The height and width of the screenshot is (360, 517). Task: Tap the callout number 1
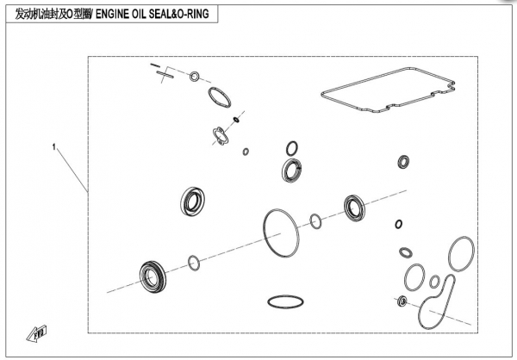pos(54,148)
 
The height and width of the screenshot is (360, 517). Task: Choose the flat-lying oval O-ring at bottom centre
pos(283,302)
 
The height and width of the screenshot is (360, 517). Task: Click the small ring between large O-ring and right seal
pos(316,222)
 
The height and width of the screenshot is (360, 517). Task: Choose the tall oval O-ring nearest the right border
pos(461,253)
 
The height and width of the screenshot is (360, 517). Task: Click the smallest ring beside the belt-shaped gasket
pos(435,282)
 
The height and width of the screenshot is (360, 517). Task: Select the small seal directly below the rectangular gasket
pos(403,161)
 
